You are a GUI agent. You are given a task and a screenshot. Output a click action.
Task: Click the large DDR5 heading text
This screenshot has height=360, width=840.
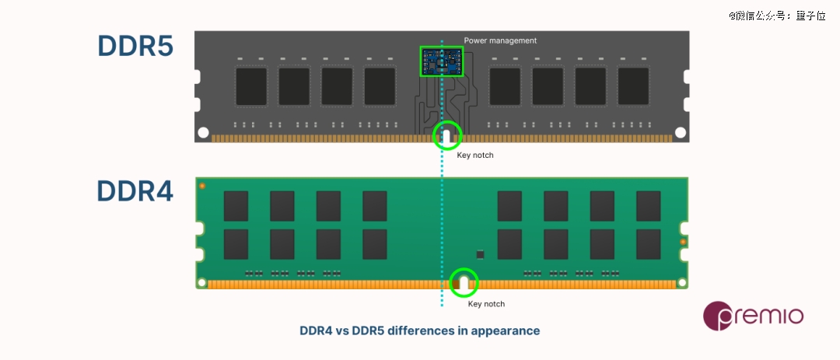pyautogui.click(x=135, y=47)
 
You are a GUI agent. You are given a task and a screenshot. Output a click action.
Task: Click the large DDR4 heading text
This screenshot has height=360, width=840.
pyautogui.click(x=135, y=191)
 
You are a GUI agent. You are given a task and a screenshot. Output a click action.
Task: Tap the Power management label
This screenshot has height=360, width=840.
pyautogui.click(x=500, y=40)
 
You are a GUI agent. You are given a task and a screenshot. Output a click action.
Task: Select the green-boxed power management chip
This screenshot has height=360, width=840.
pyautogui.click(x=441, y=61)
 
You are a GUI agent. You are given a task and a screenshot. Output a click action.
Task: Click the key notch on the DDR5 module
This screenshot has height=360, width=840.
pyautogui.click(x=446, y=137)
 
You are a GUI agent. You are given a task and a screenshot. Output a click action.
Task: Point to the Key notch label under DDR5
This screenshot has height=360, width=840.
pyautogui.click(x=474, y=156)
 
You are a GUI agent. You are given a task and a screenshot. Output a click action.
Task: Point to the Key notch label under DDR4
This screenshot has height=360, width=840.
pyautogui.click(x=486, y=304)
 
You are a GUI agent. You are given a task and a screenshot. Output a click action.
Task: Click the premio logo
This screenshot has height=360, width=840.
pyautogui.click(x=753, y=316)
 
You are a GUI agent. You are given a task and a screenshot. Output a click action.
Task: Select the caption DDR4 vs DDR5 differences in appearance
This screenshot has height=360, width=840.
pyautogui.click(x=419, y=330)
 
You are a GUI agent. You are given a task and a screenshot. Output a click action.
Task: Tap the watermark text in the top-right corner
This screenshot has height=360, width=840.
pyautogui.click(x=776, y=15)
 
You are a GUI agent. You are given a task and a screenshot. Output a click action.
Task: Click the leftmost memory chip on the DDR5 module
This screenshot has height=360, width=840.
pyautogui.click(x=251, y=86)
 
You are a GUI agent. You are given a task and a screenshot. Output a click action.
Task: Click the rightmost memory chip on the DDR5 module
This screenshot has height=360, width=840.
pyautogui.click(x=633, y=86)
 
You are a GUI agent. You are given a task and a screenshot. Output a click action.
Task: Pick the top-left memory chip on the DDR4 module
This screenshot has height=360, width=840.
pyautogui.click(x=236, y=206)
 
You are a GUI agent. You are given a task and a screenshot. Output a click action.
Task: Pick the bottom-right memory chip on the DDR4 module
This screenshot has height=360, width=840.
pyautogui.click(x=648, y=244)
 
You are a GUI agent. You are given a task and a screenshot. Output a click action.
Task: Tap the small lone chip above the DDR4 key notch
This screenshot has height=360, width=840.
pyautogui.click(x=480, y=254)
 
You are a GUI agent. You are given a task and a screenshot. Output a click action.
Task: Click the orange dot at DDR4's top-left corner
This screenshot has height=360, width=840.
pyautogui.click(x=202, y=187)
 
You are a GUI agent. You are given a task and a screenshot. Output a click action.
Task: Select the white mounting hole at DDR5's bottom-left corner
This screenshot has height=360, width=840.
pyautogui.click(x=203, y=133)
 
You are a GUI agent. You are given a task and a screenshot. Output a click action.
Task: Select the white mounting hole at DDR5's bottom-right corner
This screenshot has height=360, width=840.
pyautogui.click(x=681, y=133)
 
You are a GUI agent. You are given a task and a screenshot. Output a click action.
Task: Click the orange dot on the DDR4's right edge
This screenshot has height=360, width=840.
pyautogui.click(x=682, y=243)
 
